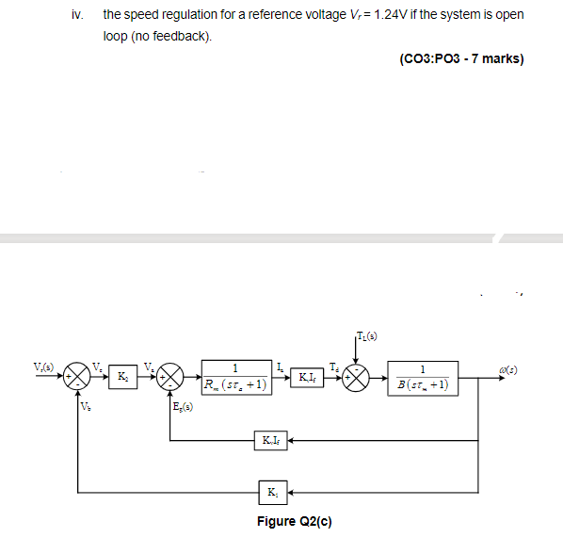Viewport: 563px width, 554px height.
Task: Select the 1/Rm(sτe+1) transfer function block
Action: click(x=234, y=377)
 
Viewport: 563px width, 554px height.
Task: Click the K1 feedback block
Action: click(x=272, y=491)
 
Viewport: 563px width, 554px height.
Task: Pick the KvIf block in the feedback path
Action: click(x=269, y=439)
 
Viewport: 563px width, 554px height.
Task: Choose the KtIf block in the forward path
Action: click(x=307, y=378)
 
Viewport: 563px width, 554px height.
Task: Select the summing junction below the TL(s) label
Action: click(x=357, y=377)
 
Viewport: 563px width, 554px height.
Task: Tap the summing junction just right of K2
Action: click(x=169, y=377)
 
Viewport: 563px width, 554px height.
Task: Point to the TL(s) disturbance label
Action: click(x=367, y=334)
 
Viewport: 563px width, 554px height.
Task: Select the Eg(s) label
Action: click(x=185, y=408)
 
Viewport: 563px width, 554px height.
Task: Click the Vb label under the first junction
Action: click(x=87, y=407)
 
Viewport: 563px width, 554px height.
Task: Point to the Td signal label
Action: click(x=333, y=367)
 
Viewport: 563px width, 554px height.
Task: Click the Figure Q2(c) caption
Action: click(x=294, y=521)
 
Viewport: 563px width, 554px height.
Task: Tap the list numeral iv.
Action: click(x=77, y=16)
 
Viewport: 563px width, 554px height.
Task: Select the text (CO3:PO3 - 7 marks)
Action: click(x=461, y=58)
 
